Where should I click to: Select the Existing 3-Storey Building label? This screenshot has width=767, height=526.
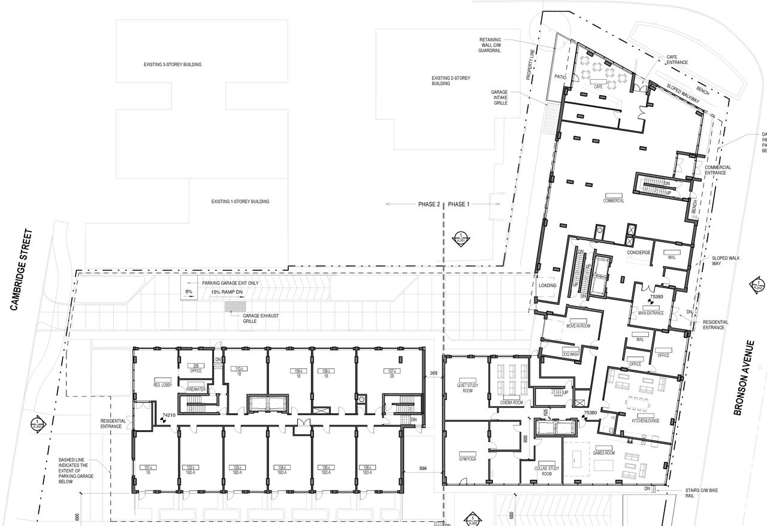tap(173, 64)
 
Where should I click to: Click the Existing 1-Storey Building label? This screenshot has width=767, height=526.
tap(240, 201)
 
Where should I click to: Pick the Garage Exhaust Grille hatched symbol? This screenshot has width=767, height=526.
tap(232, 307)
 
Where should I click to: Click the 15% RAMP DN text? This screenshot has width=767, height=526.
tap(227, 292)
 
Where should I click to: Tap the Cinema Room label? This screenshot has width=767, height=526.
tap(511, 403)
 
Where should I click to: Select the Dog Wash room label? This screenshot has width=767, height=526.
tap(570, 354)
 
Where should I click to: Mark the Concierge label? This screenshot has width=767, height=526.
tap(639, 252)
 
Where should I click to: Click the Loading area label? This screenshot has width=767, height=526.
tap(547, 285)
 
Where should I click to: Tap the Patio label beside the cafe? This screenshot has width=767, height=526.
tap(560, 77)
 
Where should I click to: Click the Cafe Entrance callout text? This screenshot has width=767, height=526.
tap(677, 60)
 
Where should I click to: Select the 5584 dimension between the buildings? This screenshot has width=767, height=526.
tap(422, 468)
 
